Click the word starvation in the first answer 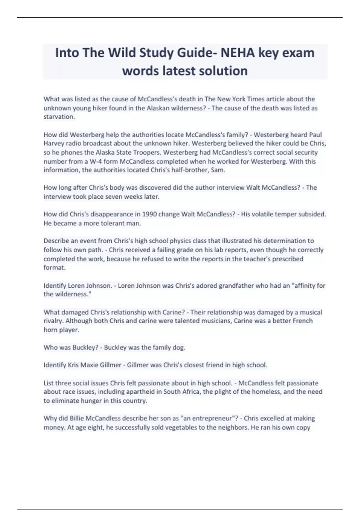pyautogui.click(x=59, y=117)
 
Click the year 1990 pyautogui.click(x=149, y=214)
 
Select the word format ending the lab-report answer pyautogui.click(x=54, y=267)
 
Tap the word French pyautogui.click(x=303, y=321)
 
